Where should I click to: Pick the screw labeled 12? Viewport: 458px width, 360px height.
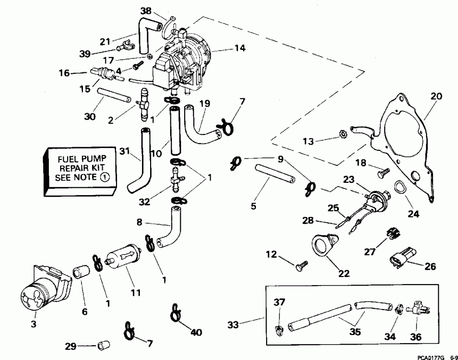[302, 265]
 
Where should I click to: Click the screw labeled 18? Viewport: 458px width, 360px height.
[382, 174]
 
